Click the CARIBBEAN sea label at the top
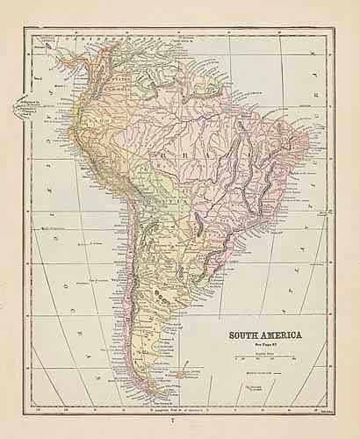click(x=94, y=40)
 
